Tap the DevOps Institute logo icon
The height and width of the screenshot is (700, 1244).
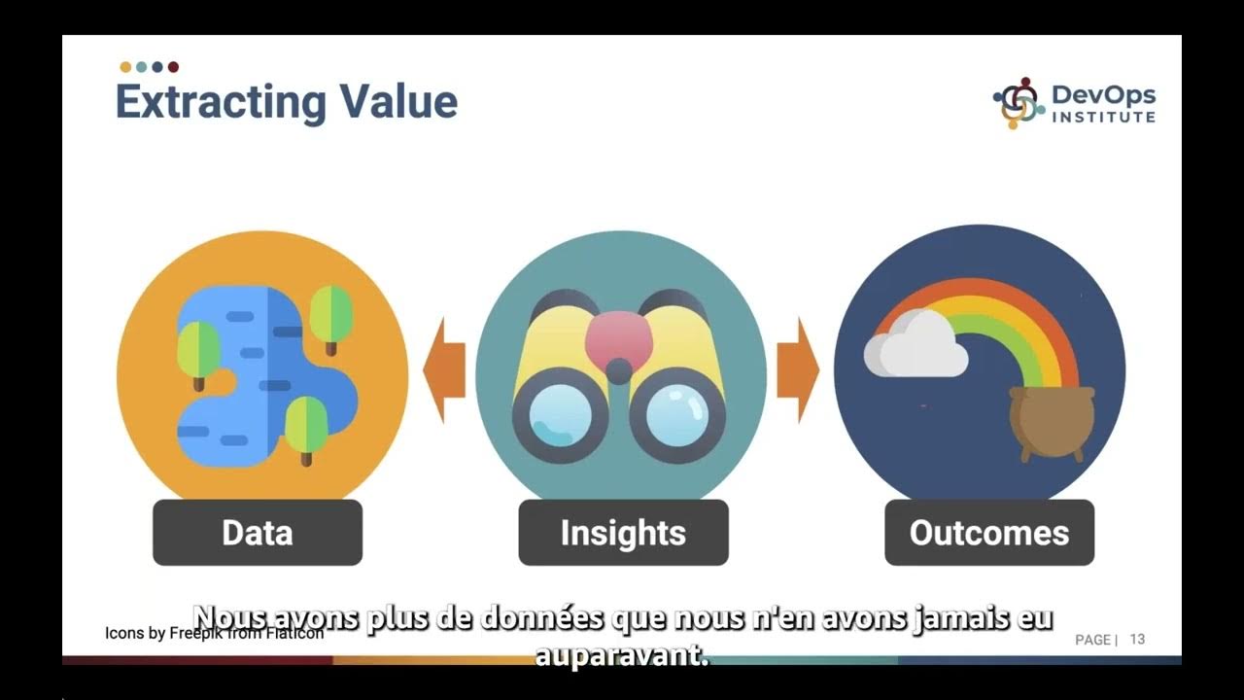[x=1017, y=103]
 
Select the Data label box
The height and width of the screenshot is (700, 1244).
[x=258, y=533]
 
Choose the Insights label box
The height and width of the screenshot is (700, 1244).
[x=623, y=533]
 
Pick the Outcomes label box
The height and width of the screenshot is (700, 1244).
[x=989, y=533]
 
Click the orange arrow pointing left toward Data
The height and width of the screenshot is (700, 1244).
[x=445, y=370]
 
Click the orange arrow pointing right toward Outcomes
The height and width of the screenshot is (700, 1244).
[x=797, y=370]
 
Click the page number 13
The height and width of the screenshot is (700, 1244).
[x=1137, y=639]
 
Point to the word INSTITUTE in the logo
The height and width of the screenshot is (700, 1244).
[x=1104, y=118]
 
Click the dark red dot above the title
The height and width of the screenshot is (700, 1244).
[x=173, y=67]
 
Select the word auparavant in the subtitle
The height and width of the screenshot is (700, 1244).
[x=622, y=656]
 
